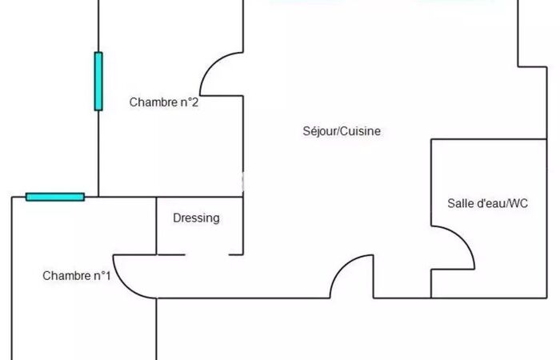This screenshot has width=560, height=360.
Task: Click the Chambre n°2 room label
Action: pyautogui.click(x=163, y=102)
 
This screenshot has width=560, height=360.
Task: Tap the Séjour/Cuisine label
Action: pyautogui.click(x=342, y=131)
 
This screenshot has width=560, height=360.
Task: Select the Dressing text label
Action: pyautogui.click(x=196, y=218)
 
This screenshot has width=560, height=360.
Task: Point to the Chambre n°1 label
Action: pyautogui.click(x=77, y=276)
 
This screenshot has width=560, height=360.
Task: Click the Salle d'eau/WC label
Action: pyautogui.click(x=487, y=204)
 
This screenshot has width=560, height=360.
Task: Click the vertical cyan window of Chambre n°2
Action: pyautogui.click(x=98, y=81)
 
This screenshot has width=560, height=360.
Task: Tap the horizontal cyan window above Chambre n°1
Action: pyautogui.click(x=55, y=197)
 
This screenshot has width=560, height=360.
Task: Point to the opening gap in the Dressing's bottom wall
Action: pyautogui.click(x=207, y=255)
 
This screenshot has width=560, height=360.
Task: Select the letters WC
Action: pyautogui.click(x=518, y=204)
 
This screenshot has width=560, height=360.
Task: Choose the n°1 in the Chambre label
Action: pyautogui.click(x=102, y=276)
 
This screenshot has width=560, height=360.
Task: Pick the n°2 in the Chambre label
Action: pyautogui.click(x=188, y=102)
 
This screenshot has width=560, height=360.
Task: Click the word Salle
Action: pyautogui.click(x=460, y=204)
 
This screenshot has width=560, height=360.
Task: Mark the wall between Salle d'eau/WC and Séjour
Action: pyautogui.click(x=431, y=184)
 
